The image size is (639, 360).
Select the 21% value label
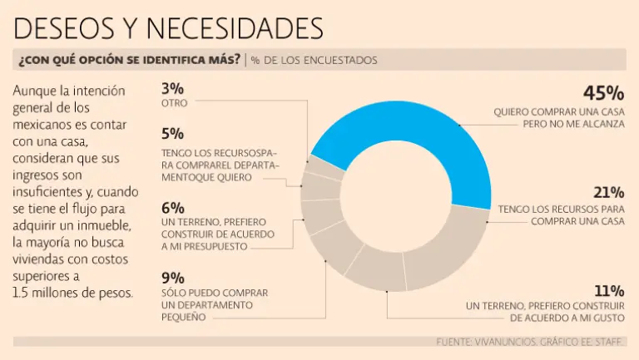(x=608, y=193)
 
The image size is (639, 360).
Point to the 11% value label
(x=609, y=291)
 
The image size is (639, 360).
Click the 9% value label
(x=173, y=279)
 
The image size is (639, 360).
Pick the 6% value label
(x=173, y=208)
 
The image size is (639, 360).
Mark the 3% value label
(x=173, y=89)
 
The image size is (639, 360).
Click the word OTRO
(x=175, y=103)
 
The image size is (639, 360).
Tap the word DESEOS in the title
(x=70, y=28)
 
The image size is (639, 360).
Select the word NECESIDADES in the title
(x=235, y=28)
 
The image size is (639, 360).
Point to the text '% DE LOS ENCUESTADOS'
(x=315, y=60)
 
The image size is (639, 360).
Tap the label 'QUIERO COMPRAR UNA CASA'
(x=557, y=111)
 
